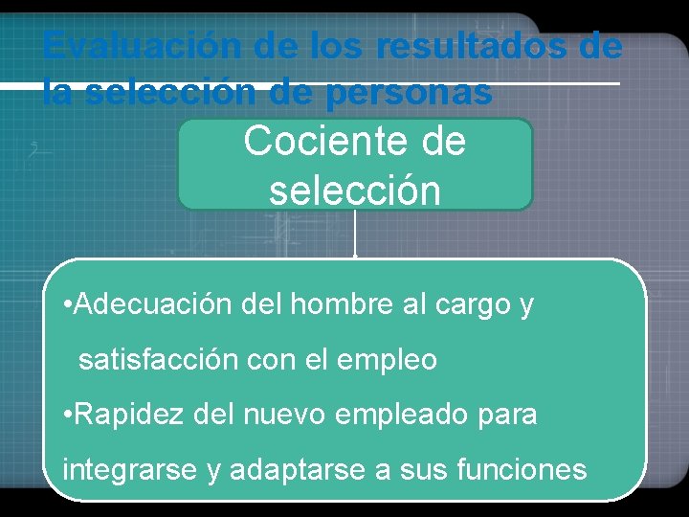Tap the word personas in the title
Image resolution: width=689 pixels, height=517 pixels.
point(410,93)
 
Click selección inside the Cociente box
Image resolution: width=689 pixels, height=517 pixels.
point(355,190)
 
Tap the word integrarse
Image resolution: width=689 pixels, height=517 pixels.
point(118,471)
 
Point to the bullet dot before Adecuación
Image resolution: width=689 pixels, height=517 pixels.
point(64,305)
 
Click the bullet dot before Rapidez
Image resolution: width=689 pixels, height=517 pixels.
point(64,416)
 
